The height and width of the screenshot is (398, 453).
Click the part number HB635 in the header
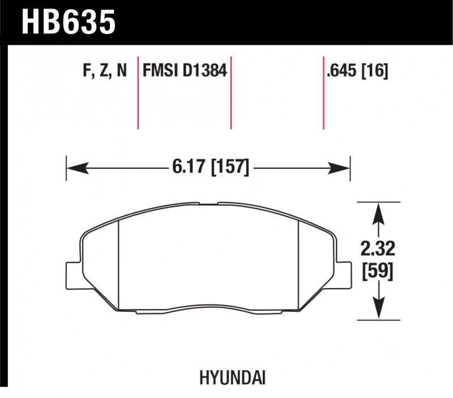point(68,21)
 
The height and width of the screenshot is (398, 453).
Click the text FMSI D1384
point(185,71)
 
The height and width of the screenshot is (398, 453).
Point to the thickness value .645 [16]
point(357,71)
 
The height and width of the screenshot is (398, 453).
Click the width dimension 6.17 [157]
point(208,167)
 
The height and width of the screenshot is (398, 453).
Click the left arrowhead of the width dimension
point(76,167)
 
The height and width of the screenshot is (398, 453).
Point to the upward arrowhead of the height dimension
point(377,213)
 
